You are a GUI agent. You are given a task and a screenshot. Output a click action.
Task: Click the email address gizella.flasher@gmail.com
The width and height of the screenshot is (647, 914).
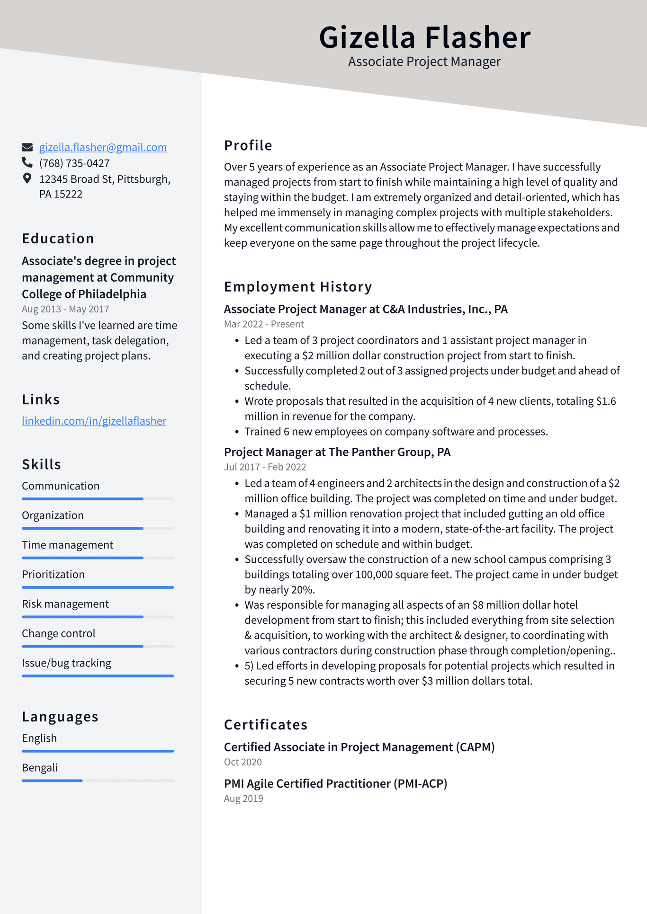coord(103,147)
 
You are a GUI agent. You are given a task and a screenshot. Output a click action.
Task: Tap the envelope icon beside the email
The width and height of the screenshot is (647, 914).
coord(27,147)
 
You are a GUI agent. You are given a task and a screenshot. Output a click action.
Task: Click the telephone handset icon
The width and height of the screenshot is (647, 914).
coord(27,163)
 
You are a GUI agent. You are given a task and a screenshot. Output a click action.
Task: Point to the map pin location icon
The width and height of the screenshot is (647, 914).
coord(27,178)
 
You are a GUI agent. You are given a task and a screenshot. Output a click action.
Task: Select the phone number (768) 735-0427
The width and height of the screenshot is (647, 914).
coord(74,163)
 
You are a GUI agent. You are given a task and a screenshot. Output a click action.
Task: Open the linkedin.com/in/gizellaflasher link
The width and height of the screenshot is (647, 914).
coord(94,421)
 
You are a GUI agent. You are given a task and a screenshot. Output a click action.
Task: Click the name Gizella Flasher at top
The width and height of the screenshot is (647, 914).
coord(424,37)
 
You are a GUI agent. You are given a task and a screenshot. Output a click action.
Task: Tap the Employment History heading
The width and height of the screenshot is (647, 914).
coord(298,287)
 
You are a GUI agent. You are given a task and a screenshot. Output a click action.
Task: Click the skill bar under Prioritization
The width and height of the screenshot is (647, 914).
coord(98,587)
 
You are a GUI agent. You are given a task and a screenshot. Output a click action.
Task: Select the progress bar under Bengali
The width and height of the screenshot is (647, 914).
coord(98,781)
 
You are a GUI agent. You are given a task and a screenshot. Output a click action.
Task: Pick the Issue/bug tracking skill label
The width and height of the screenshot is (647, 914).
coord(66,663)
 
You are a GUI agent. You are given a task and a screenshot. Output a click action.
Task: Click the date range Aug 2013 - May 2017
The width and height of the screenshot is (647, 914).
coord(65,309)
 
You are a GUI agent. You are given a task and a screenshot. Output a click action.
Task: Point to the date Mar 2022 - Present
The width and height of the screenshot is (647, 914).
coord(264,324)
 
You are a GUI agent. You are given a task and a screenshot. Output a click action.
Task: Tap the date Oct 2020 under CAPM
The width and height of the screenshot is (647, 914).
coord(243,762)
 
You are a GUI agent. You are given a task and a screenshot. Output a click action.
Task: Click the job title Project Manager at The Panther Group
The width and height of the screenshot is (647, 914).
coord(337,452)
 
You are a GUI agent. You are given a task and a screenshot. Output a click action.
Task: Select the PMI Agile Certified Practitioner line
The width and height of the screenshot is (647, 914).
coord(335,784)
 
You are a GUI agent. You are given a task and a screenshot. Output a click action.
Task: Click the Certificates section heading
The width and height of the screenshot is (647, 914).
coord(266,725)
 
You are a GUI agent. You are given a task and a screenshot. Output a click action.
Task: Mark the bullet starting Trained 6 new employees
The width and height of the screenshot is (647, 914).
coord(395,432)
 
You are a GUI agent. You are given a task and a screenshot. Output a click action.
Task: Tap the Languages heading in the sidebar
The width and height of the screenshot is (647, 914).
coord(60,717)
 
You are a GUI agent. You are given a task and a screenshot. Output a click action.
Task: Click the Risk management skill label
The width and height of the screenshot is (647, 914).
coord(65,604)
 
